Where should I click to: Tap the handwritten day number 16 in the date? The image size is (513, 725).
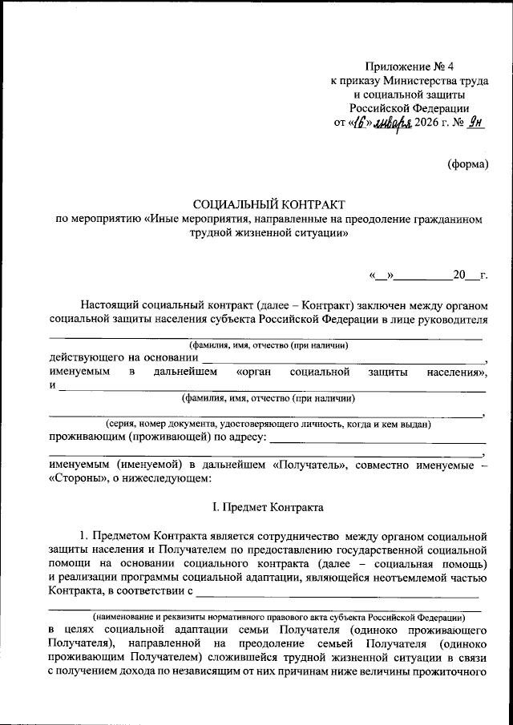point(361,123)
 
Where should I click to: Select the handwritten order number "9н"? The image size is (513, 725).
point(477,123)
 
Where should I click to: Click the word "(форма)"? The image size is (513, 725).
point(467,164)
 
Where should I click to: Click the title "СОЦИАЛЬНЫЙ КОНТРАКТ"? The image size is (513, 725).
point(269,206)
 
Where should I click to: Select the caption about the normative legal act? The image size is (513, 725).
point(277,617)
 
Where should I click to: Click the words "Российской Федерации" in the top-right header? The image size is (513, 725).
point(410,108)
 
